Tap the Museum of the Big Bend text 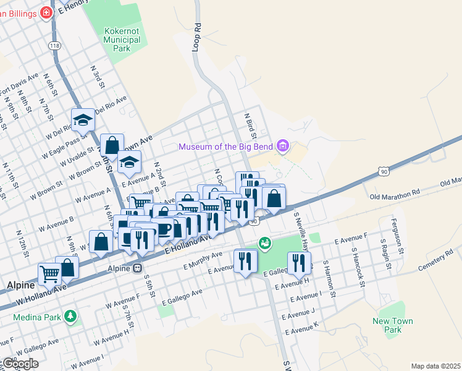tap(226, 147)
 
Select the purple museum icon tap(283, 146)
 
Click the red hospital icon tap(46, 12)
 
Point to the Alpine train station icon tap(138, 268)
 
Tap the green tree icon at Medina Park tap(71, 316)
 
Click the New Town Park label tap(392, 325)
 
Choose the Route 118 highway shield tap(55, 46)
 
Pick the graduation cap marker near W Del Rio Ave tap(82, 120)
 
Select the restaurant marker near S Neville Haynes tap(299, 262)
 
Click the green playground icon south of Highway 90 tap(265, 243)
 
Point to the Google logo tap(20, 364)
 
